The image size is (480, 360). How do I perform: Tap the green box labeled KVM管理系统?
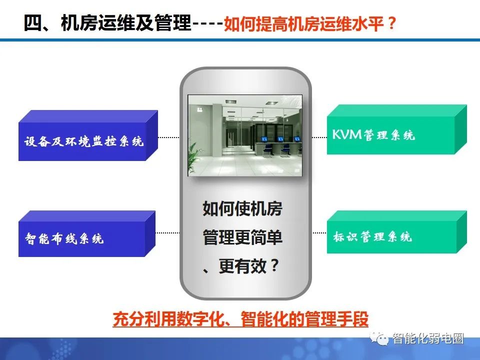point(390,135)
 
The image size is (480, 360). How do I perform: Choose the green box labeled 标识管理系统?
point(390,236)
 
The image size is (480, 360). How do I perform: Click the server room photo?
point(245,135)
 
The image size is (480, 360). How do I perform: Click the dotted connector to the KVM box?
point(319,136)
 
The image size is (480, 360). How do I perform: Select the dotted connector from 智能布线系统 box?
point(168,232)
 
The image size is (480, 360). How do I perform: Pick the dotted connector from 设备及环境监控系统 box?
point(168,136)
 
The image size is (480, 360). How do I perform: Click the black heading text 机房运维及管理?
point(125,23)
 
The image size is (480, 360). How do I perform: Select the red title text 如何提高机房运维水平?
point(304,24)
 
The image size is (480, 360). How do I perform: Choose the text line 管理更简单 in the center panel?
point(242,237)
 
